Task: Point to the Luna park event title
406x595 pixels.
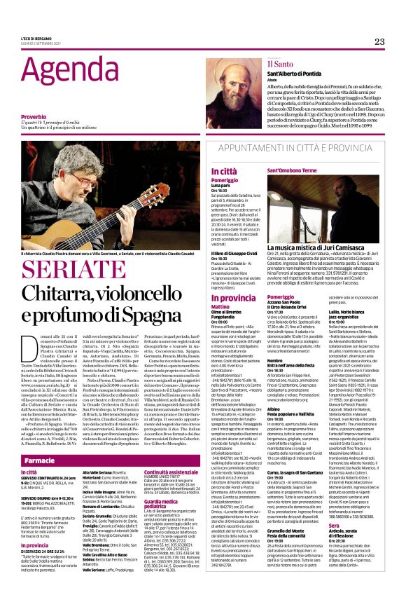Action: [x=221, y=184]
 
